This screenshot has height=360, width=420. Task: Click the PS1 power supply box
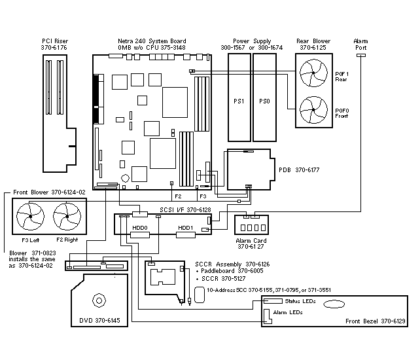(x=239, y=101)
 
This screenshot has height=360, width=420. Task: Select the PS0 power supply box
(x=264, y=101)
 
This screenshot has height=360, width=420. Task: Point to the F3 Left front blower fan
(x=30, y=217)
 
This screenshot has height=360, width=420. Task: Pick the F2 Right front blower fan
(x=65, y=217)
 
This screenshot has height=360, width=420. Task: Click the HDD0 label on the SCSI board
(x=139, y=227)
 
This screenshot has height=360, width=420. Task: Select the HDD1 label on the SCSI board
(x=186, y=227)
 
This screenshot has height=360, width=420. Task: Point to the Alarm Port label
(x=360, y=45)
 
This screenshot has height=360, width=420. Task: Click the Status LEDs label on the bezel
(x=300, y=301)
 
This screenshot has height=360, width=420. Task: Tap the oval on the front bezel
(x=334, y=304)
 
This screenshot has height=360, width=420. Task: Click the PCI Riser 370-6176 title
(x=55, y=45)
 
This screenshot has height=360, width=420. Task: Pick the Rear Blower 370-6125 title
(x=315, y=45)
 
